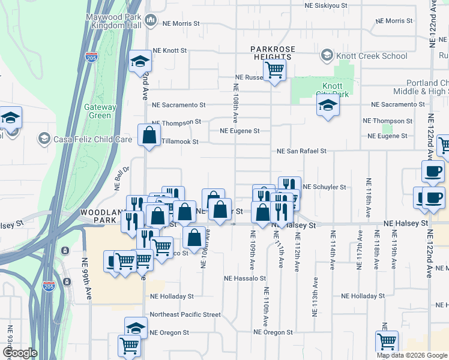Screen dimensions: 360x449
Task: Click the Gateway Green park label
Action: point(100,112)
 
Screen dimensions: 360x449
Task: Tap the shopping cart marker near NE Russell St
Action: point(274,70)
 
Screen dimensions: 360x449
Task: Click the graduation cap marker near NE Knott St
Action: point(140,61)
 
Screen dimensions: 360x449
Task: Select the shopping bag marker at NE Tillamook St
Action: point(149,135)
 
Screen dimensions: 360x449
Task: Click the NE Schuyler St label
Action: point(325,187)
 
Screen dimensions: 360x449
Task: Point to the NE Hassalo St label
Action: point(245,278)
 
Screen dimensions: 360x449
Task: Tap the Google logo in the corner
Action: point(20,353)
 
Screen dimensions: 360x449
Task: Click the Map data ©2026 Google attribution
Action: point(411,355)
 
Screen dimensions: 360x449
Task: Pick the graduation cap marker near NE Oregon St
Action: point(136,328)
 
